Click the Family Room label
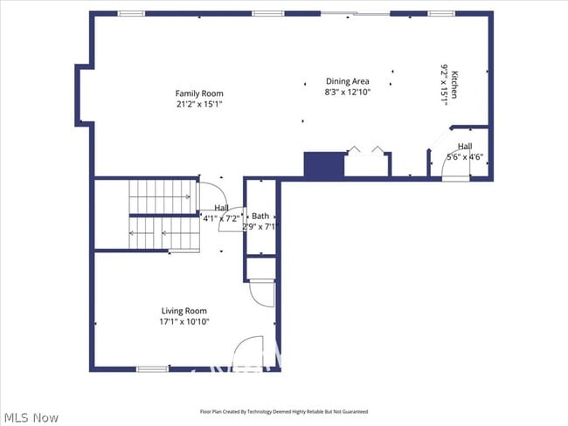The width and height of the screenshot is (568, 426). [x=199, y=93]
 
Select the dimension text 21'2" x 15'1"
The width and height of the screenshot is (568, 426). [x=199, y=104]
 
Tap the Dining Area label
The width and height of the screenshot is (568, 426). [x=348, y=80]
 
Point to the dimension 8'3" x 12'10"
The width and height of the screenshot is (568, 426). [x=348, y=92]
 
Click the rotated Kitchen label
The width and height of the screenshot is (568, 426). [x=454, y=85]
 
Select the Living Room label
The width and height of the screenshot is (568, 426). [x=184, y=311]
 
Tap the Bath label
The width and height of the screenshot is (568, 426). [x=260, y=216]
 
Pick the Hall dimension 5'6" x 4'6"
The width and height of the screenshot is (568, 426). [x=465, y=157]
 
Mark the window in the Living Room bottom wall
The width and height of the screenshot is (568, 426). [x=153, y=369]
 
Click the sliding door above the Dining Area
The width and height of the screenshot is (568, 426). [x=355, y=14]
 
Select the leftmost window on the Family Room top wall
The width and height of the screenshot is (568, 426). [x=131, y=14]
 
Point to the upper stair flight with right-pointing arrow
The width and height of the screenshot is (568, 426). [x=162, y=196]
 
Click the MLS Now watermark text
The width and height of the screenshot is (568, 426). [x=31, y=418]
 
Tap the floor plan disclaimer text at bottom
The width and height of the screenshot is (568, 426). [x=284, y=411]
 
